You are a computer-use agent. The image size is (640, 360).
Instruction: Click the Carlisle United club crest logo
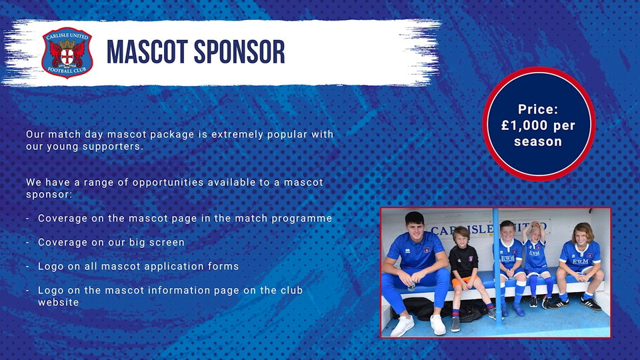(67, 53)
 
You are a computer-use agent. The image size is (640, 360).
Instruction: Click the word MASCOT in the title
(147, 52)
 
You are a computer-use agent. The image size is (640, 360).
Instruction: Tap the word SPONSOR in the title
(239, 52)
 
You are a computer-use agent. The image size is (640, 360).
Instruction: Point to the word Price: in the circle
(538, 109)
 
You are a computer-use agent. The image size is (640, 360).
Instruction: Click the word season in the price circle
(538, 141)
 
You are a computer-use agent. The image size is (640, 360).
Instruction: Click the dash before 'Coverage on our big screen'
(27, 243)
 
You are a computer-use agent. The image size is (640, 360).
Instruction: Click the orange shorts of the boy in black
(465, 281)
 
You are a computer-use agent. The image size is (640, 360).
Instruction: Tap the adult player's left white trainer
(438, 325)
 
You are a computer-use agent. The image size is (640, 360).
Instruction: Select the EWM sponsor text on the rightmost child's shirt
(579, 261)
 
